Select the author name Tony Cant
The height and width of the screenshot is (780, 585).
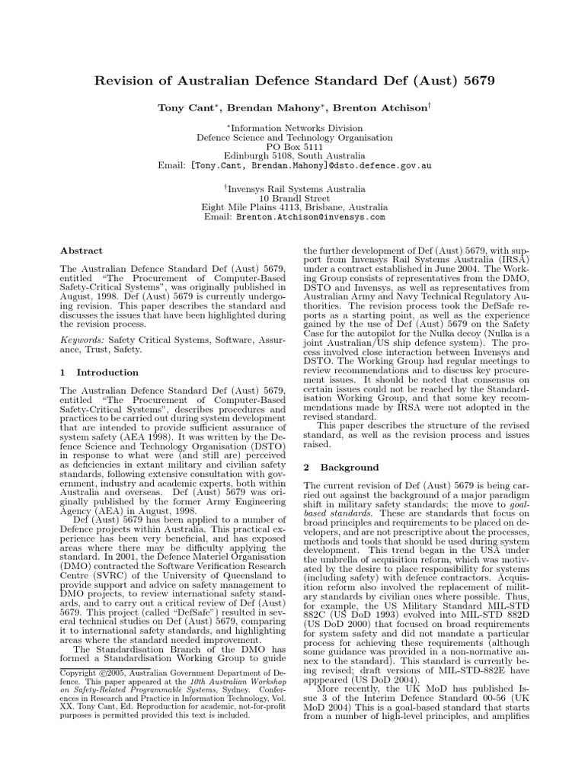183,108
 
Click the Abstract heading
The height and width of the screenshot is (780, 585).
81,250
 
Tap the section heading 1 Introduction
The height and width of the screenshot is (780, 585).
99,372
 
